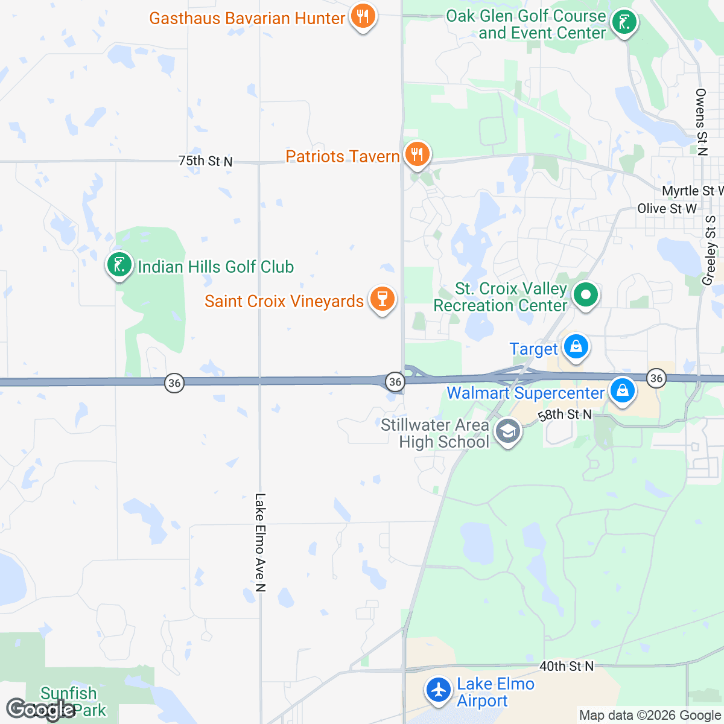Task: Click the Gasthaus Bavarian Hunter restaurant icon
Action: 363,16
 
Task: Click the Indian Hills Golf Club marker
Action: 119,264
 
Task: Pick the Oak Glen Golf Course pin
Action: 623,23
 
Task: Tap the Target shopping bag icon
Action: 576,347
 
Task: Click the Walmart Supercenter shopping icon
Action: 622,391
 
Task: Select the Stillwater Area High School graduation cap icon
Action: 508,431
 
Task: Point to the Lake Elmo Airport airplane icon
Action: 439,690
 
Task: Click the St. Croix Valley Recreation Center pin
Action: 585,296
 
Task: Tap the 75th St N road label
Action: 205,161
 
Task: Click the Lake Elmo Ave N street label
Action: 260,542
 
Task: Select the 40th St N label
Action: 566,666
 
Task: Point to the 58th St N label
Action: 564,414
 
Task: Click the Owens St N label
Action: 700,122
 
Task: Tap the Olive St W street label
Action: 667,209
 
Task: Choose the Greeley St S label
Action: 710,250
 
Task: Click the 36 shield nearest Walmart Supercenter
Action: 656,378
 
